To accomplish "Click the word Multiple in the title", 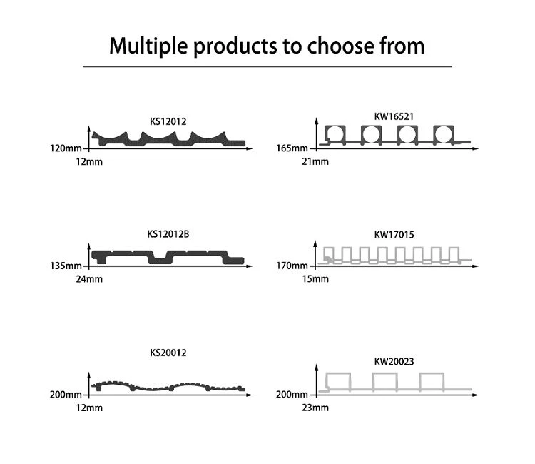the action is (148, 46).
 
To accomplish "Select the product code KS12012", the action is (168, 121).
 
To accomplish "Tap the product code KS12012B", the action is (168, 234).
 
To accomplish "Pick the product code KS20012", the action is (168, 353).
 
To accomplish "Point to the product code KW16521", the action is (394, 116).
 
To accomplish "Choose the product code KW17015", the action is (394, 235).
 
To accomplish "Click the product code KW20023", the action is (394, 362).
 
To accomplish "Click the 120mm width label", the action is (66, 148).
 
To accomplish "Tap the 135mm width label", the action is (66, 266).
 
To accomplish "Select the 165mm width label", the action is (292, 148).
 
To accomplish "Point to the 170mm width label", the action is (292, 266).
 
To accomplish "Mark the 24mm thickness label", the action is (89, 279).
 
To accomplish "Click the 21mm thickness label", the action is (315, 162).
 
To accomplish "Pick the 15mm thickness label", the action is (315, 279).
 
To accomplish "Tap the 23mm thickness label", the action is (315, 408).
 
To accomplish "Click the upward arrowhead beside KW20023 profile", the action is (317, 368).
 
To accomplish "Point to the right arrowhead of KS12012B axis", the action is (250, 266).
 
